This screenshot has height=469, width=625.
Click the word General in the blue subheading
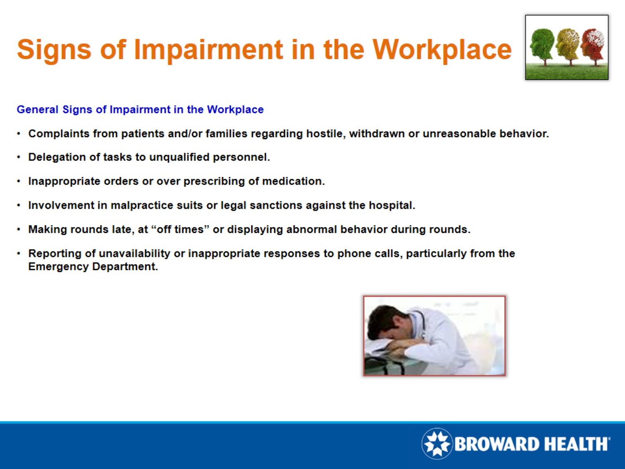point(37,110)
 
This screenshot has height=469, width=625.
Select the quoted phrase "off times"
point(180,230)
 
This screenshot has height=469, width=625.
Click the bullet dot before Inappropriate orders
point(19,182)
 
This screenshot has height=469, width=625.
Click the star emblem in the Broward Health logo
point(437,444)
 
